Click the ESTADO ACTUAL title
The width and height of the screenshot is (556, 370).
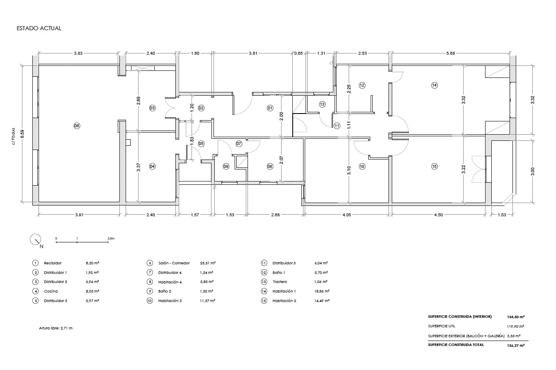(x=39, y=28)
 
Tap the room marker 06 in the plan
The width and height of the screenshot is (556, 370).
(x=77, y=126)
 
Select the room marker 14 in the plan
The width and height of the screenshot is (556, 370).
(x=435, y=85)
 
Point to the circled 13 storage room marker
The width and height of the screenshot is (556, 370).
(x=322, y=104)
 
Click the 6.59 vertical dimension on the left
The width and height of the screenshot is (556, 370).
(x=22, y=134)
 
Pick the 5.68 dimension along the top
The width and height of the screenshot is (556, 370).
(x=451, y=53)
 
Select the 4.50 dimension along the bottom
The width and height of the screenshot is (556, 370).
(x=438, y=215)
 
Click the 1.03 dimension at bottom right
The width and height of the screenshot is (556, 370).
(x=502, y=215)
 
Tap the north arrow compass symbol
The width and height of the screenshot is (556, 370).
(x=36, y=240)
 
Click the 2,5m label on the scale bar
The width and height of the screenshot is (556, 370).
(x=111, y=239)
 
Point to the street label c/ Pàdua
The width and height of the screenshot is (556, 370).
(x=13, y=136)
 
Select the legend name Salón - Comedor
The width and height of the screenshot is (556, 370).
(x=174, y=263)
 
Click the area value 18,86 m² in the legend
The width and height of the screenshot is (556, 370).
(x=322, y=291)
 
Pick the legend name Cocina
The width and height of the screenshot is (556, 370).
(x=51, y=291)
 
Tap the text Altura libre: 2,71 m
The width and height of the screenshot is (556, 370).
(x=56, y=328)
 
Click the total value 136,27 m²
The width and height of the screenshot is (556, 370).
(x=516, y=346)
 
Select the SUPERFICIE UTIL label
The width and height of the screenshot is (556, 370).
(x=442, y=326)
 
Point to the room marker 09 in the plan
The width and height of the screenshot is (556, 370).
(x=226, y=167)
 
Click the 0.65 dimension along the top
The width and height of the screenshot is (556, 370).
(x=299, y=53)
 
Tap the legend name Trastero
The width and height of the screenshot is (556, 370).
(x=280, y=282)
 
